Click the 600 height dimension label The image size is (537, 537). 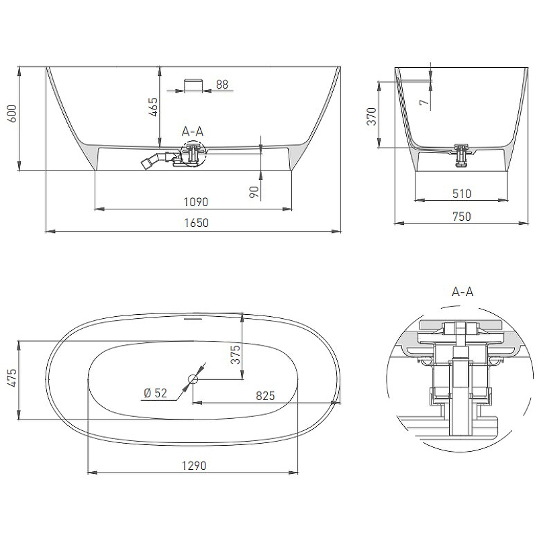[x=11, y=113]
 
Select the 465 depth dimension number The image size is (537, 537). [x=153, y=107]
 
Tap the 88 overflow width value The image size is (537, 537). [x=222, y=85]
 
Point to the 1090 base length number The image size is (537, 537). [x=195, y=202]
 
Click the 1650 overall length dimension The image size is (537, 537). [x=196, y=223]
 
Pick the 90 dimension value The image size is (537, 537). [x=254, y=192]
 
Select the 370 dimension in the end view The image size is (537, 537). [x=372, y=116]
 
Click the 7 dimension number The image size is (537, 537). [x=424, y=102]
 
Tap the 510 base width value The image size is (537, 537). [x=462, y=194]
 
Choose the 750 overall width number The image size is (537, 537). [x=462, y=216]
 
